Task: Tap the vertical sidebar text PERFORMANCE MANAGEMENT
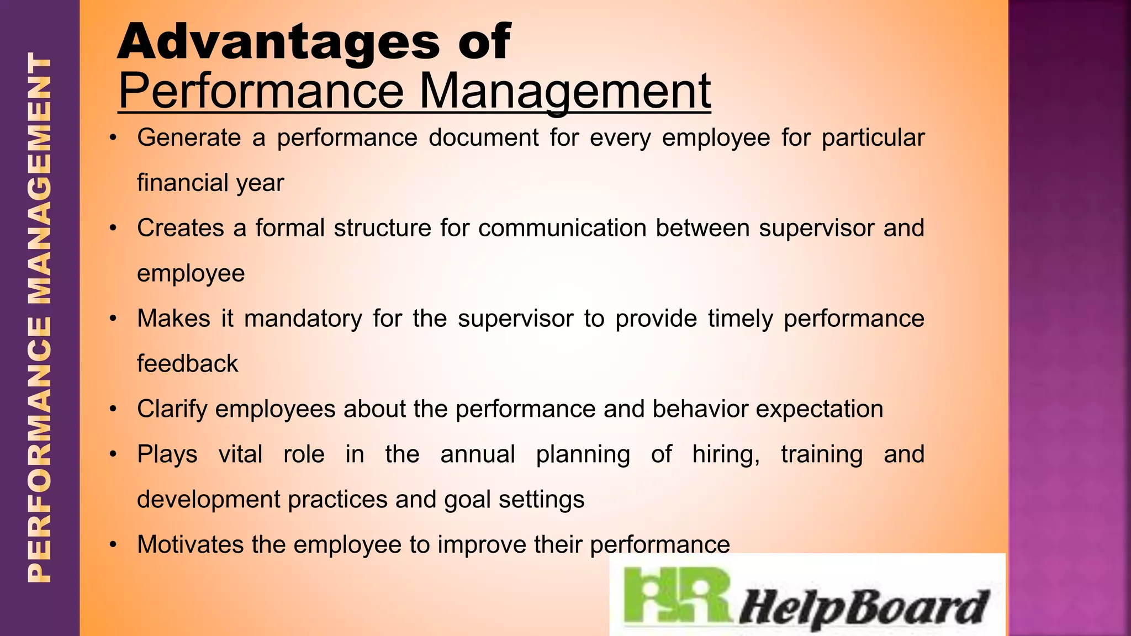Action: point(40,318)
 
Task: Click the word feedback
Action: point(188,364)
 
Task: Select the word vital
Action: point(240,454)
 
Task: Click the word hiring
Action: point(726,454)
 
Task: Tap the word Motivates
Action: point(189,545)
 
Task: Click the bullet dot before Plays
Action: point(113,454)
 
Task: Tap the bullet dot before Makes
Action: point(113,319)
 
